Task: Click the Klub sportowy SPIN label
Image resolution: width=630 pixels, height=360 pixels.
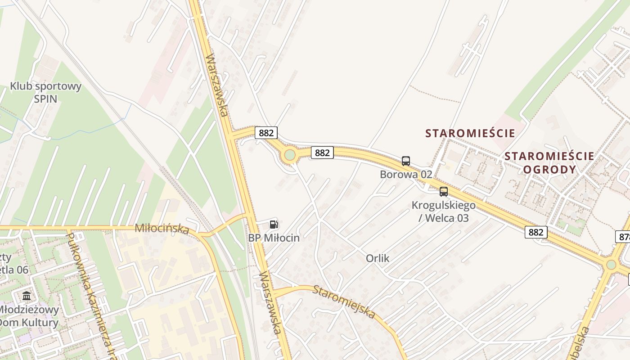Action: (x=45, y=92)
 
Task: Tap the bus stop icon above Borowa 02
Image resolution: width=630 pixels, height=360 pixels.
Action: (x=406, y=161)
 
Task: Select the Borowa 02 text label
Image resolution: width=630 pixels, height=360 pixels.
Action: (x=406, y=174)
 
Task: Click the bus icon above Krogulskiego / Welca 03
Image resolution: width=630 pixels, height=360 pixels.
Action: (x=444, y=192)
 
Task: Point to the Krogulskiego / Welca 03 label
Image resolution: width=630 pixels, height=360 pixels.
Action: (x=443, y=211)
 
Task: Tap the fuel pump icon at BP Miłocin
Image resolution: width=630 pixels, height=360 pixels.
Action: (x=274, y=225)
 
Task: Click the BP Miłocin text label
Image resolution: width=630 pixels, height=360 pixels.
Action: (x=274, y=238)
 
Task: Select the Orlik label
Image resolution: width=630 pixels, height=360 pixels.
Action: (x=378, y=259)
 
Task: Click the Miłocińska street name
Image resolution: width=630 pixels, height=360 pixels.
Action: (x=162, y=229)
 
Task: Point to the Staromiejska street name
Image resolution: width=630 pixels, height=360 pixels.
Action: (x=344, y=301)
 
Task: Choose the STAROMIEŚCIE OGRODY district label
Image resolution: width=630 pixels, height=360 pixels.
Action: (x=549, y=162)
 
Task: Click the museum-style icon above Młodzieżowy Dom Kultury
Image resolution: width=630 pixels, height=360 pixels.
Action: (x=27, y=296)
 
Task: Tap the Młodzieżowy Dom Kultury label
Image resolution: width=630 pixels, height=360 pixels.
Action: (x=29, y=316)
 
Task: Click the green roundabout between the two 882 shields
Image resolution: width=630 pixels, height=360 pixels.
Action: (x=290, y=155)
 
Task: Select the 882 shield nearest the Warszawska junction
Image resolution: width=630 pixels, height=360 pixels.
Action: (x=266, y=133)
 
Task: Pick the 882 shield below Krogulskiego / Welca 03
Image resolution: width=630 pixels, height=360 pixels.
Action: (x=535, y=232)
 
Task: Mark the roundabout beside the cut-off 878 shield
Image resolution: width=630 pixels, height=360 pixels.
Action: (x=611, y=265)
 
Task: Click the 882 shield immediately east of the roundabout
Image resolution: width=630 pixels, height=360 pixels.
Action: (x=322, y=153)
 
